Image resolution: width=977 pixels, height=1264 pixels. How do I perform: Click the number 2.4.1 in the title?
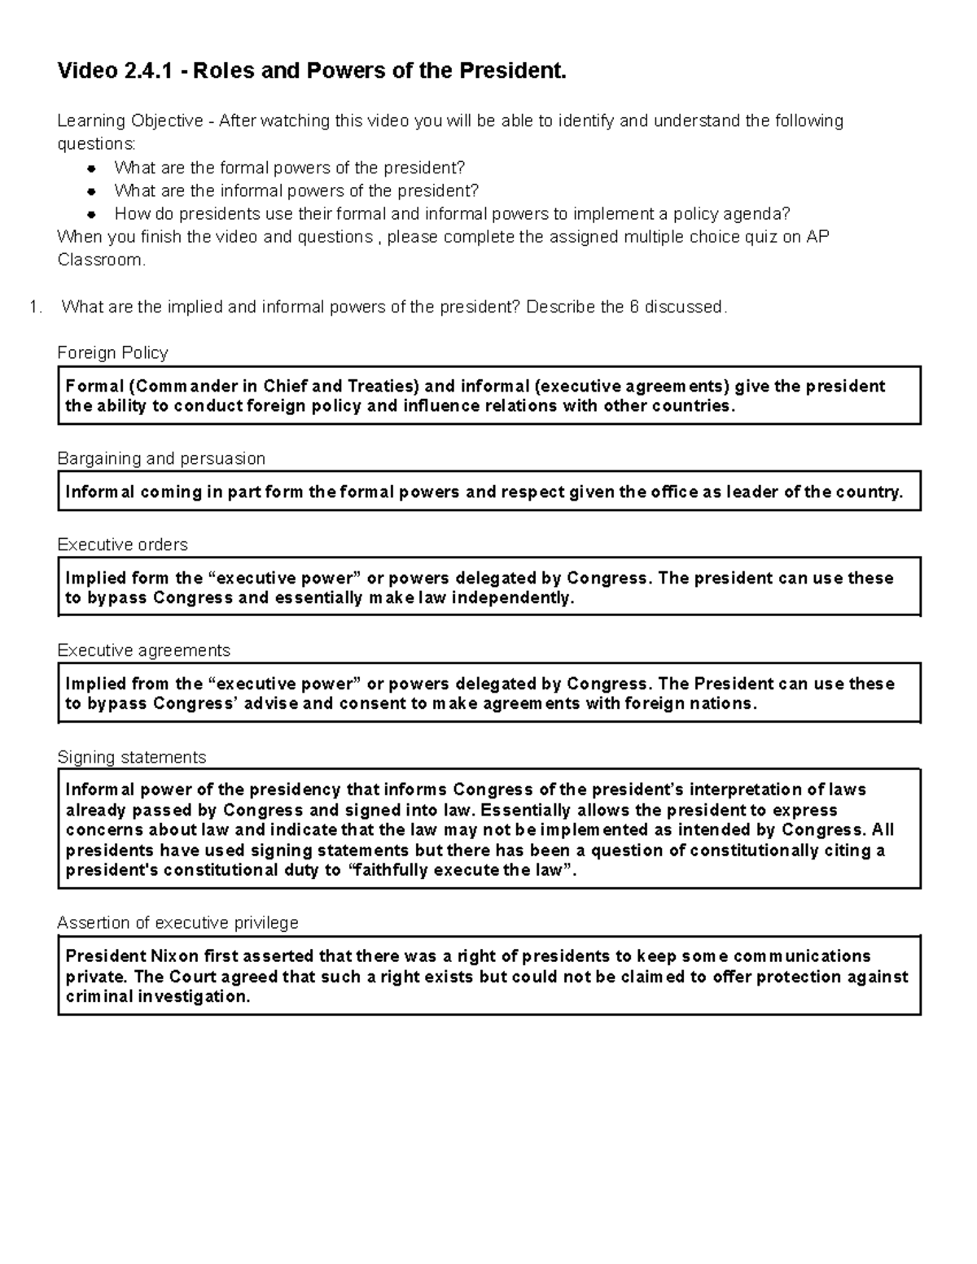[x=147, y=72]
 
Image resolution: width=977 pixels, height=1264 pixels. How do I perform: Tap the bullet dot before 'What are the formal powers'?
[x=93, y=168]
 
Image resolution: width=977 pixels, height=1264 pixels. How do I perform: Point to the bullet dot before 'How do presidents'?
[x=93, y=215]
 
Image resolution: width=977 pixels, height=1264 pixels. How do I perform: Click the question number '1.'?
[x=35, y=307]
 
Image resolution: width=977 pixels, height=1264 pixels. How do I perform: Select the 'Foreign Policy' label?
[x=112, y=352]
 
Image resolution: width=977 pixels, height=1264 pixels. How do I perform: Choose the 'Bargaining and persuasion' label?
[x=161, y=458]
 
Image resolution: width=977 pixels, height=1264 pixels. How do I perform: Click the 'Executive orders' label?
[x=122, y=545]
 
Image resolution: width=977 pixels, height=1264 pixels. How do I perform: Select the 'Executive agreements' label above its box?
[x=143, y=650]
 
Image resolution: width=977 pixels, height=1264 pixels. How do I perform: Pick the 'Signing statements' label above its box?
[x=131, y=757]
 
